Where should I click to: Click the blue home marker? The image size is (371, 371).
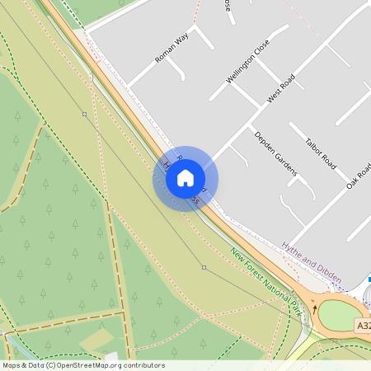tap(185, 178)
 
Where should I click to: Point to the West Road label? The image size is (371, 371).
tap(280, 89)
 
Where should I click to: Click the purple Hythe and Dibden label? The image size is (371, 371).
tap(311, 262)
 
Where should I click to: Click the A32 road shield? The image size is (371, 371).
tap(364, 326)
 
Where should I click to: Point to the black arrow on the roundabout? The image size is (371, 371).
tap(314, 310)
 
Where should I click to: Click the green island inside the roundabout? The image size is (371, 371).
tap(338, 316)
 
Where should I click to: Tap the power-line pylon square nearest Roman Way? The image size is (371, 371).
tap(84, 114)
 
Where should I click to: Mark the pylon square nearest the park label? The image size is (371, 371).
tap(204, 267)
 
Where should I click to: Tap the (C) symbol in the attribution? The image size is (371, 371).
tap(51, 365)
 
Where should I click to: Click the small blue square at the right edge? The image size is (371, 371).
tap(369, 279)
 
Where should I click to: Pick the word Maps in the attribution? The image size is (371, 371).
tap(12, 365)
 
